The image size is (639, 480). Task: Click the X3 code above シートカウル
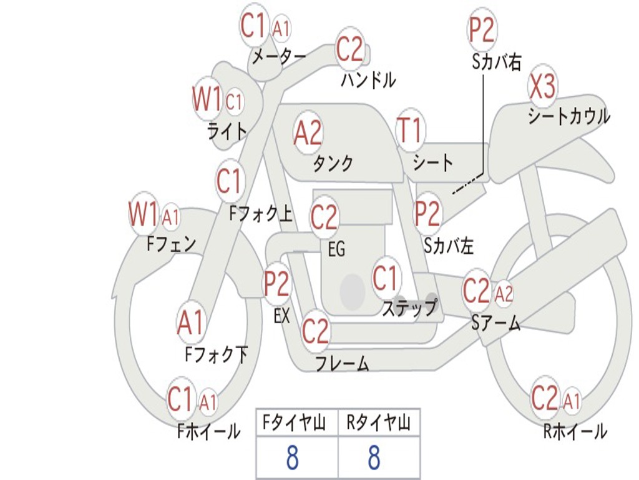click(542, 88)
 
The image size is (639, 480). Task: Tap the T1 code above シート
click(410, 132)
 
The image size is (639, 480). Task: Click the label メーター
click(278, 57)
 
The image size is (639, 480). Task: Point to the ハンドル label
click(368, 80)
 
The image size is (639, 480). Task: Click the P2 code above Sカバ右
click(481, 30)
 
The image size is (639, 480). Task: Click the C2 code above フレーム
click(315, 331)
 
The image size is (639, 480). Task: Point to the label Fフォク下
click(217, 355)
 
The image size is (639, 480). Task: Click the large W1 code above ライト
click(207, 100)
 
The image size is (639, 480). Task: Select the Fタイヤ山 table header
click(296, 424)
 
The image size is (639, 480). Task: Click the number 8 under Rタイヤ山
click(374, 457)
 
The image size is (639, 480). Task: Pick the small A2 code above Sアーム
click(504, 293)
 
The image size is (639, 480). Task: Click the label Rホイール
click(575, 431)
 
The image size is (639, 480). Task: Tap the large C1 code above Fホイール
click(180, 399)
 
